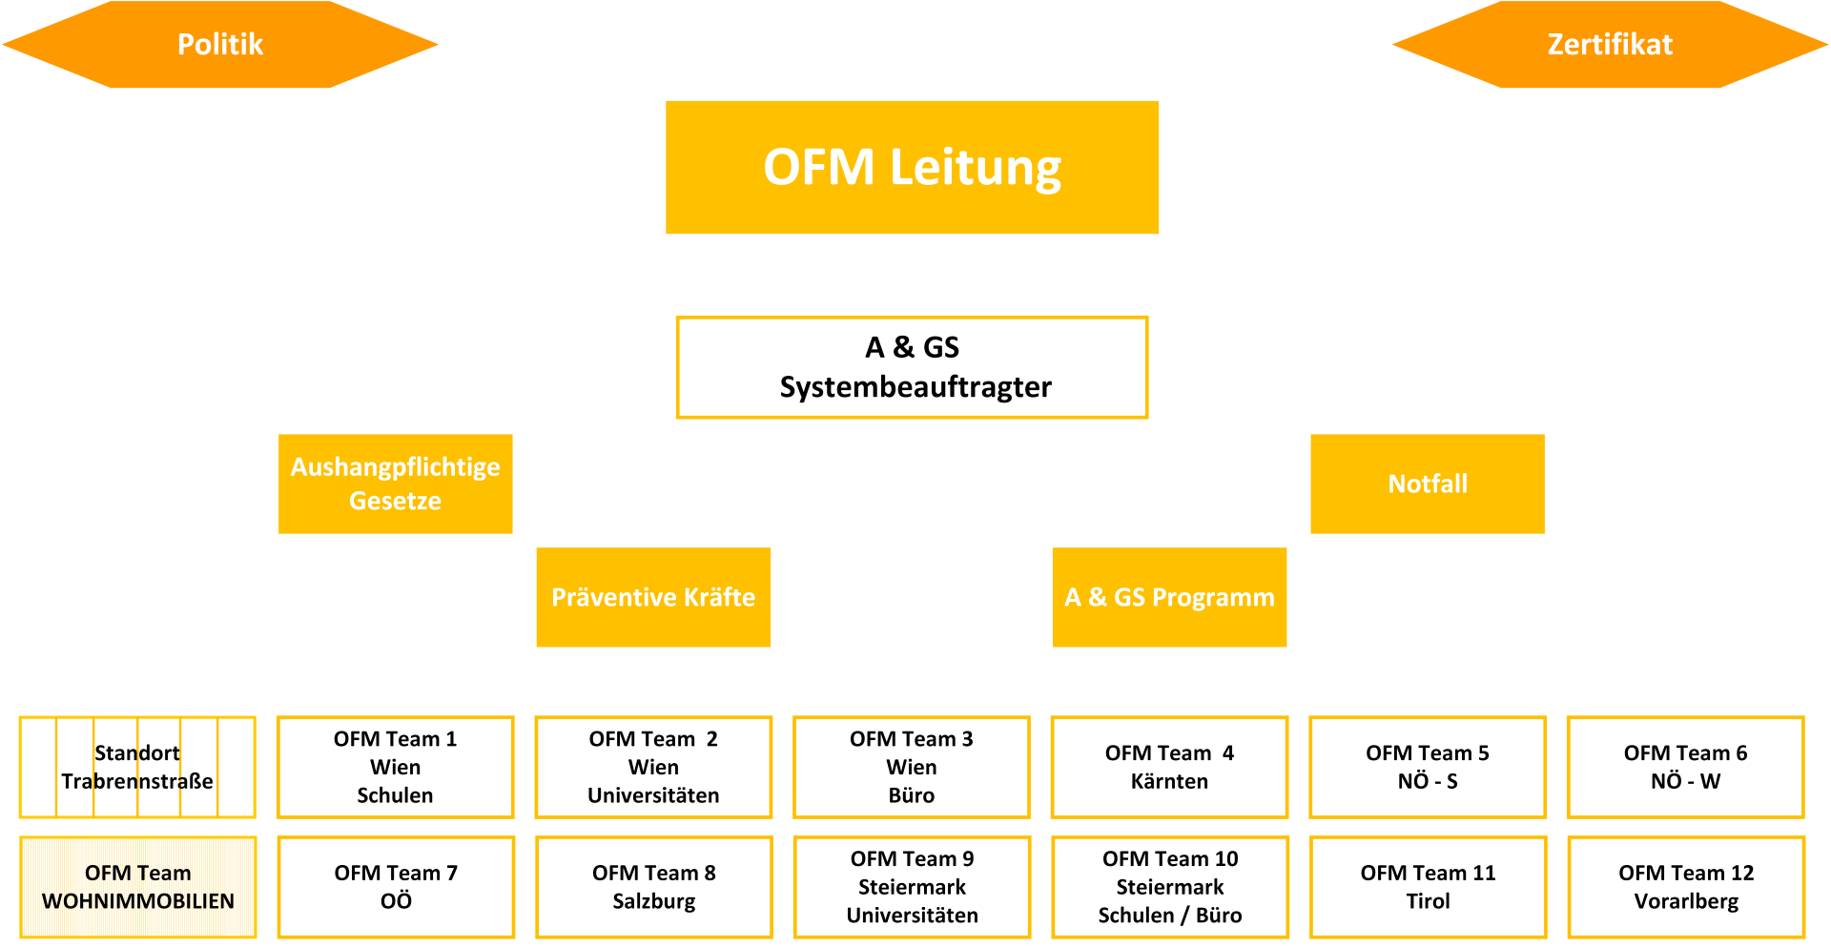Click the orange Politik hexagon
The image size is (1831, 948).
coord(220,44)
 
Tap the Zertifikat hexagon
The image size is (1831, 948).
coord(1611,44)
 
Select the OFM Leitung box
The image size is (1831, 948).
coord(912,167)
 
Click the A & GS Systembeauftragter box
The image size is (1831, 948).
coord(912,367)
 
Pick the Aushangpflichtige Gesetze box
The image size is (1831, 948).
coord(395,484)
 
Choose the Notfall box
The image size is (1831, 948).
coord(1428,484)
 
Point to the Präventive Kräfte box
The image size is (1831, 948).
coord(653,597)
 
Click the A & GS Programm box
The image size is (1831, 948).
coord(1169,597)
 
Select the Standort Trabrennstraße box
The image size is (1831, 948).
coord(137,767)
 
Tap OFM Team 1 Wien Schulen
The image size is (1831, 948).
coord(395,767)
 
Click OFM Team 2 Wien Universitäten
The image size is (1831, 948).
coord(653,767)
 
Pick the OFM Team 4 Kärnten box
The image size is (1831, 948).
coord(1169,767)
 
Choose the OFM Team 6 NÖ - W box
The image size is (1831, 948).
coord(1686,767)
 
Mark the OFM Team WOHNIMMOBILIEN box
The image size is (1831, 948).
coord(137,887)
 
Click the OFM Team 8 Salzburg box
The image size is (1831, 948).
coord(653,887)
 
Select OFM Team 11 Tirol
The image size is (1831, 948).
coord(1428,887)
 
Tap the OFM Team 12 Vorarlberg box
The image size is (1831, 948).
coord(1686,887)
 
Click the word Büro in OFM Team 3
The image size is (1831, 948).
coord(912,795)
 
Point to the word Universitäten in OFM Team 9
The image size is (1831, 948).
coord(912,916)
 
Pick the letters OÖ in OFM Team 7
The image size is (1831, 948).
coord(396,900)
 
